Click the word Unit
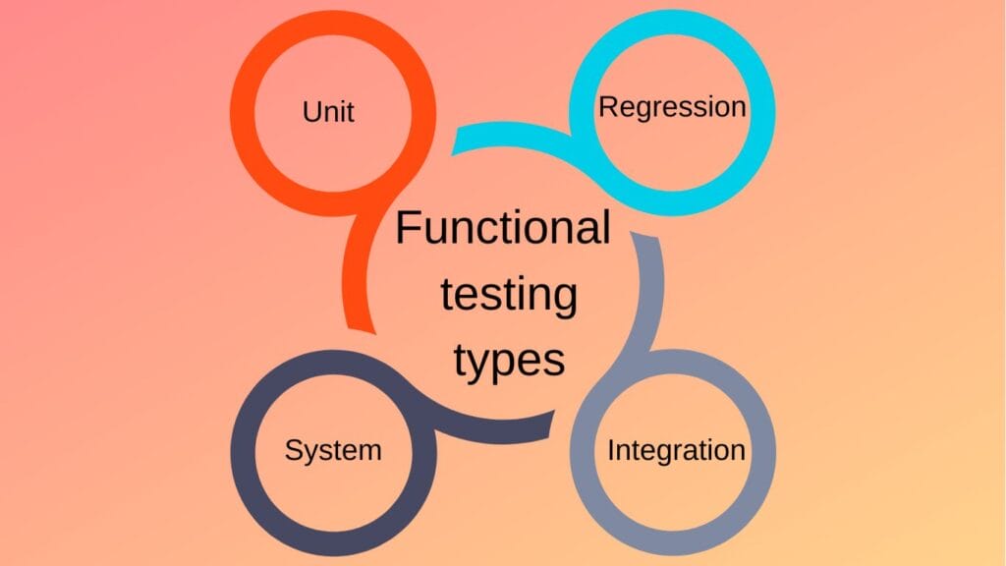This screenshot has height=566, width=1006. click(x=328, y=111)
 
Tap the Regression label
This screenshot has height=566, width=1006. click(x=672, y=106)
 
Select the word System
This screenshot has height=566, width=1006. click(x=333, y=450)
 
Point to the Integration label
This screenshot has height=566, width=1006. click(x=676, y=451)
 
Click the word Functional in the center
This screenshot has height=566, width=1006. click(x=502, y=229)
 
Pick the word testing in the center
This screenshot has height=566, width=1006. click(x=508, y=296)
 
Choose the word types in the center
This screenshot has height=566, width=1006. click(x=509, y=361)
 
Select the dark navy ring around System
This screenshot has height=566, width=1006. click(x=243, y=452)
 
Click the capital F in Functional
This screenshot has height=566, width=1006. click(x=406, y=229)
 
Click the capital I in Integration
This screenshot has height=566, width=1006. click(x=611, y=451)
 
